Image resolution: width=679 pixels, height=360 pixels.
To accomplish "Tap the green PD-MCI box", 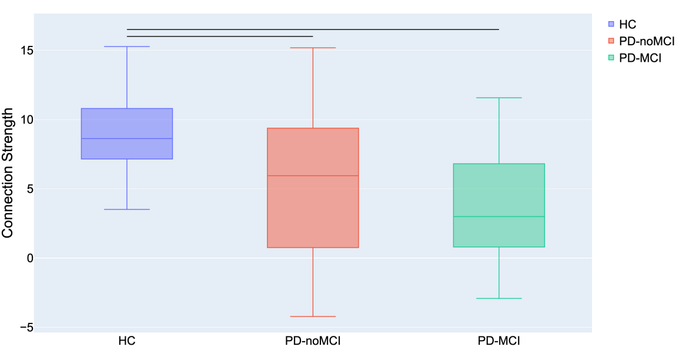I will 499,188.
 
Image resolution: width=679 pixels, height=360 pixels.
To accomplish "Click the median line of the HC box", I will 126,138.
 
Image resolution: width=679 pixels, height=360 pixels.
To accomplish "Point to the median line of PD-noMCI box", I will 313,175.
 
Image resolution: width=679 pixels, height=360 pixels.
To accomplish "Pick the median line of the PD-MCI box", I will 499,216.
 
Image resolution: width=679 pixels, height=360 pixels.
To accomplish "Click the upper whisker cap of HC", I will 126,46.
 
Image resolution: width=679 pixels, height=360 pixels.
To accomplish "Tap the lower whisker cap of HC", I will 126,209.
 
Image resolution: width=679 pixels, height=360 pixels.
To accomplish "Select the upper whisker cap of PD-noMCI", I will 313,48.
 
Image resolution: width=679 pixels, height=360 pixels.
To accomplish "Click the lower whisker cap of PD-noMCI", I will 313,316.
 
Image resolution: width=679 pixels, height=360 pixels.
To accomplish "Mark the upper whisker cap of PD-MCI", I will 499,98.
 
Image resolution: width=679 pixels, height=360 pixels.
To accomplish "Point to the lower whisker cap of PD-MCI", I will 499,298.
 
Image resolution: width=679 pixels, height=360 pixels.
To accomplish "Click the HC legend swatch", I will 611,24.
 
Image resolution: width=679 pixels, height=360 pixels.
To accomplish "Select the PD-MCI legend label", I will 641,58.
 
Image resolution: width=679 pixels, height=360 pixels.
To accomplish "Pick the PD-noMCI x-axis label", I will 313,341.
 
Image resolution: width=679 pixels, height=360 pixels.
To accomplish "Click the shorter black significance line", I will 220,36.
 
